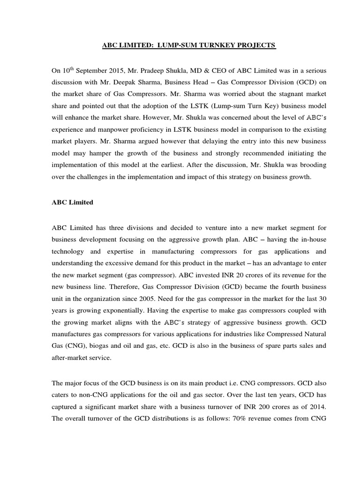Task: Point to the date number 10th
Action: (x=68, y=70)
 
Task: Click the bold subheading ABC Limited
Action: (x=72, y=202)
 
